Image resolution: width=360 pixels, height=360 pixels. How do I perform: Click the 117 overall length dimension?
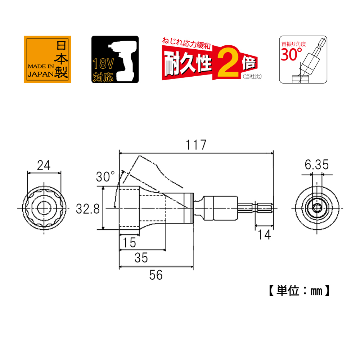coord(196,145)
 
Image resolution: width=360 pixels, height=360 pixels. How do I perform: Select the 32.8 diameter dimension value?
coord(88,209)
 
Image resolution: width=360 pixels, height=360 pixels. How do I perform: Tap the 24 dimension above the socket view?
coord(44,165)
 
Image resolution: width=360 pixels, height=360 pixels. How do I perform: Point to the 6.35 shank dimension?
coord(316,165)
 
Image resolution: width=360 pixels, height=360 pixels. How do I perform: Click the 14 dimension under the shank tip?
coord(264,235)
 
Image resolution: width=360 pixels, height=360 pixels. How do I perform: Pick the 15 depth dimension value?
coord(129,243)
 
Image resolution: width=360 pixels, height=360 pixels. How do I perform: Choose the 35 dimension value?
coord(141,258)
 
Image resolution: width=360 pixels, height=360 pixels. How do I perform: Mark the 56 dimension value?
coord(156,275)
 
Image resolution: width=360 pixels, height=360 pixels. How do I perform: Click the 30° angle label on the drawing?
coord(105,176)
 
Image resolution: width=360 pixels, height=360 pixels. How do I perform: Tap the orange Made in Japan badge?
coord(48,59)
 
